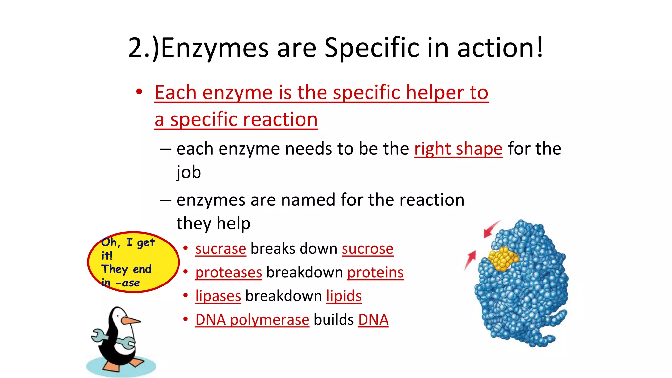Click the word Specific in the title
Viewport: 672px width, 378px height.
tap(372, 48)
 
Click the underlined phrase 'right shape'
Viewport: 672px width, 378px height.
tap(458, 149)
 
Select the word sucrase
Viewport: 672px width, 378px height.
tap(220, 249)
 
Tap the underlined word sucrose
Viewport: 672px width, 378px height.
tap(367, 249)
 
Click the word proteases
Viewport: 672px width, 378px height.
tap(228, 272)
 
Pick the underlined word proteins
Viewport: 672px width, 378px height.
tap(375, 272)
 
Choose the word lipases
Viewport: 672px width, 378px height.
tap(218, 296)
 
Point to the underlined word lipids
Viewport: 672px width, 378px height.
tap(344, 296)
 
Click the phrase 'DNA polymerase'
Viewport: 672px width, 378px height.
tap(252, 320)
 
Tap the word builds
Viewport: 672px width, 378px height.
tap(333, 320)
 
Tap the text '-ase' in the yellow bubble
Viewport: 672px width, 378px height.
tap(128, 283)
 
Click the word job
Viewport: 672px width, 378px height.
tap(188, 172)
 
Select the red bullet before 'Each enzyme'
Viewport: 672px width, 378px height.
tap(139, 92)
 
